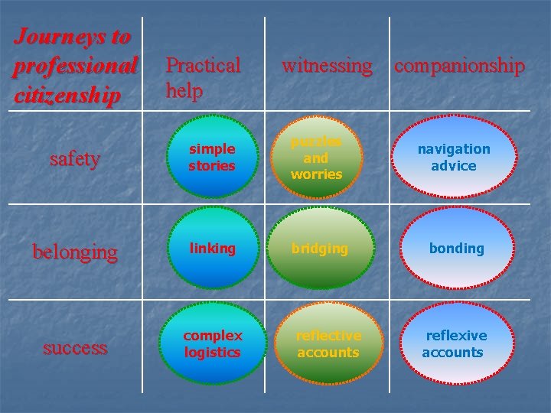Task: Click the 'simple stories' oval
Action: tap(212, 158)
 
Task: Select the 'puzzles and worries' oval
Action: tap(316, 158)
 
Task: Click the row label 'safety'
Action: tap(74, 159)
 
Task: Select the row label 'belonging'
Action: tap(74, 251)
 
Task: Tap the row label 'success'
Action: tap(74, 348)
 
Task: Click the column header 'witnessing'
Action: tap(327, 66)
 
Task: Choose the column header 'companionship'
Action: tap(459, 66)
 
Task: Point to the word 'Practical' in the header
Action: tap(203, 66)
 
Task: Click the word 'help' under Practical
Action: tap(184, 91)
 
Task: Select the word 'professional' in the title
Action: tap(74, 66)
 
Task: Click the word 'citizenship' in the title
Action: tap(67, 96)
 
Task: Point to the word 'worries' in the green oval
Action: tap(316, 174)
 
